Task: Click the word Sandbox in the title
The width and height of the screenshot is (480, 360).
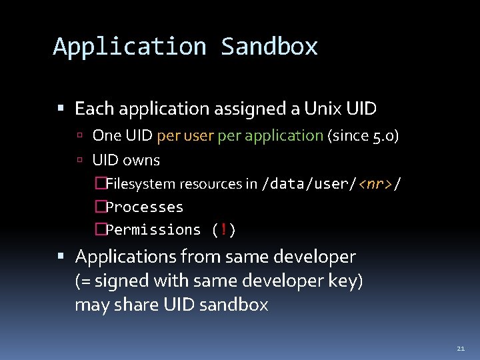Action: tap(269, 47)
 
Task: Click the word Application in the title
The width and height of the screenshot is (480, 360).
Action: tap(130, 47)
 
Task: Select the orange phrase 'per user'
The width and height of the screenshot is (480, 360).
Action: tap(185, 136)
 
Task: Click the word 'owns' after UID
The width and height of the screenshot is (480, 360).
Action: tap(142, 160)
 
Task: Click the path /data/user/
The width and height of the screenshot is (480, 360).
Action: tap(311, 184)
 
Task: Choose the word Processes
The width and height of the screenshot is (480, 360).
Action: tap(145, 207)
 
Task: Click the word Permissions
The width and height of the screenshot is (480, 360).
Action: tap(153, 229)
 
